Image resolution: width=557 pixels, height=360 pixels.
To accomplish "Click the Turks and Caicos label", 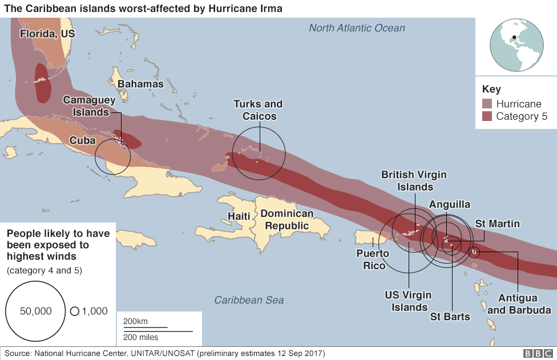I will coord(258,110).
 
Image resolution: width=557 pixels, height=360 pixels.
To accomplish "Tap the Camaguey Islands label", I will coord(89,106).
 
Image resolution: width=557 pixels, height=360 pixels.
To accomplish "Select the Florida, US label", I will coord(47,34).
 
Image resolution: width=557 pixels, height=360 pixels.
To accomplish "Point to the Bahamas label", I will coord(140,84).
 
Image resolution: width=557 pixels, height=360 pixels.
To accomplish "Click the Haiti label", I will coord(239,216).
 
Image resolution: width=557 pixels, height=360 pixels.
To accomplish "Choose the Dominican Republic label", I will coord(287,220).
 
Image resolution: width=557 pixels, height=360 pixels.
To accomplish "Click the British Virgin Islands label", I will coord(414,180).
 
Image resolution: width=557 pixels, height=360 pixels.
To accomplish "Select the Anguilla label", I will coord(449,204).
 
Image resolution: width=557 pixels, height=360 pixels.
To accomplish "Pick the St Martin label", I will coord(497,224).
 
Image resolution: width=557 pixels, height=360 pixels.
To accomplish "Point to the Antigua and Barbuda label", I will coord(519,304).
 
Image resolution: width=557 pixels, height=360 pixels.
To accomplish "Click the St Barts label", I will coord(450,317).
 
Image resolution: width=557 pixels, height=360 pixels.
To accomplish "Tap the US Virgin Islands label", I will coord(409,301).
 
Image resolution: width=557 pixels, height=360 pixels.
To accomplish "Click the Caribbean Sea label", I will coord(249,300).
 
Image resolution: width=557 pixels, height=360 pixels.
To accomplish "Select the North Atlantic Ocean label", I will coord(357,28).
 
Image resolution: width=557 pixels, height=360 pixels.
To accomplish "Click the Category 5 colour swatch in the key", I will coord(486,116).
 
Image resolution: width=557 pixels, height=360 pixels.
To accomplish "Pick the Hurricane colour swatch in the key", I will coord(486,104).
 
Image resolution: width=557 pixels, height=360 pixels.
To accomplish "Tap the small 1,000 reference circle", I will coord(75,312).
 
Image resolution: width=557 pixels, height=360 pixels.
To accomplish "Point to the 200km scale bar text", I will coord(135,321).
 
